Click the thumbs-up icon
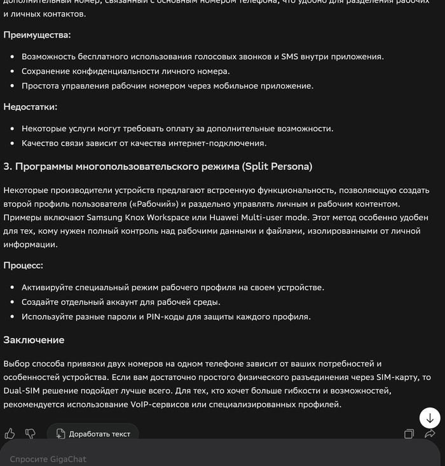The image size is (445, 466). pos(10,434)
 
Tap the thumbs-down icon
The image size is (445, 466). pos(30,434)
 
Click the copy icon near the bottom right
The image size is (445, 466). pos(409,434)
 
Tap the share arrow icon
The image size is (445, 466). pos(430,434)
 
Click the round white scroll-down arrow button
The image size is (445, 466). pos(430,418)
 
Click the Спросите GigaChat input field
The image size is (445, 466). pos(127,458)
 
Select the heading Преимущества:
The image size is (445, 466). pos(37,34)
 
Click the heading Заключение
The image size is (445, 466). pos(34,340)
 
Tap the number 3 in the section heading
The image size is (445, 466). pos(6,167)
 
